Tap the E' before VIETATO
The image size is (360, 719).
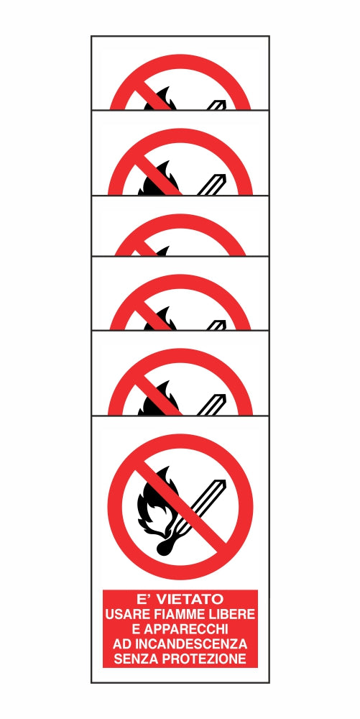point(146,598)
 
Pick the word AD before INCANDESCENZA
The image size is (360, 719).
point(119,644)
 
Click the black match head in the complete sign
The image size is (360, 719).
point(165,547)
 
